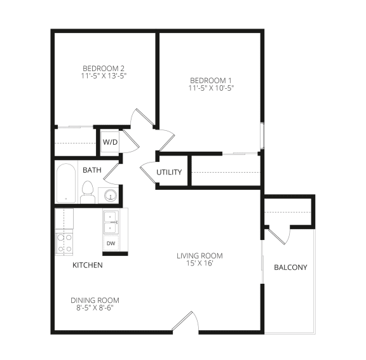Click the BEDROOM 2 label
click(x=104, y=69)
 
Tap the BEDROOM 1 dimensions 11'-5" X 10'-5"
click(x=211, y=88)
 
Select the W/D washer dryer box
click(x=110, y=142)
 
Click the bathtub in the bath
click(x=66, y=183)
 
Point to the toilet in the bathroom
click(x=88, y=192)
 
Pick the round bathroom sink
click(x=110, y=195)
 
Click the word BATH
click(x=92, y=170)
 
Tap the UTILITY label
click(x=169, y=172)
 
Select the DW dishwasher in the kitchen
click(x=111, y=243)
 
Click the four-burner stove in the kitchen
click(x=64, y=243)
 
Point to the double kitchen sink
click(x=111, y=222)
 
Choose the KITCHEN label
click(x=88, y=265)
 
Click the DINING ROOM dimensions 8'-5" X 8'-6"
click(x=95, y=308)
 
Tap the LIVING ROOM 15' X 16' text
click(x=200, y=260)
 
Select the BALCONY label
click(x=290, y=267)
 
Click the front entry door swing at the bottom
click(x=186, y=321)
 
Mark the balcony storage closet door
click(x=279, y=236)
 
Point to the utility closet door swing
click(x=148, y=171)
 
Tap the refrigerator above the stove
click(x=64, y=218)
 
